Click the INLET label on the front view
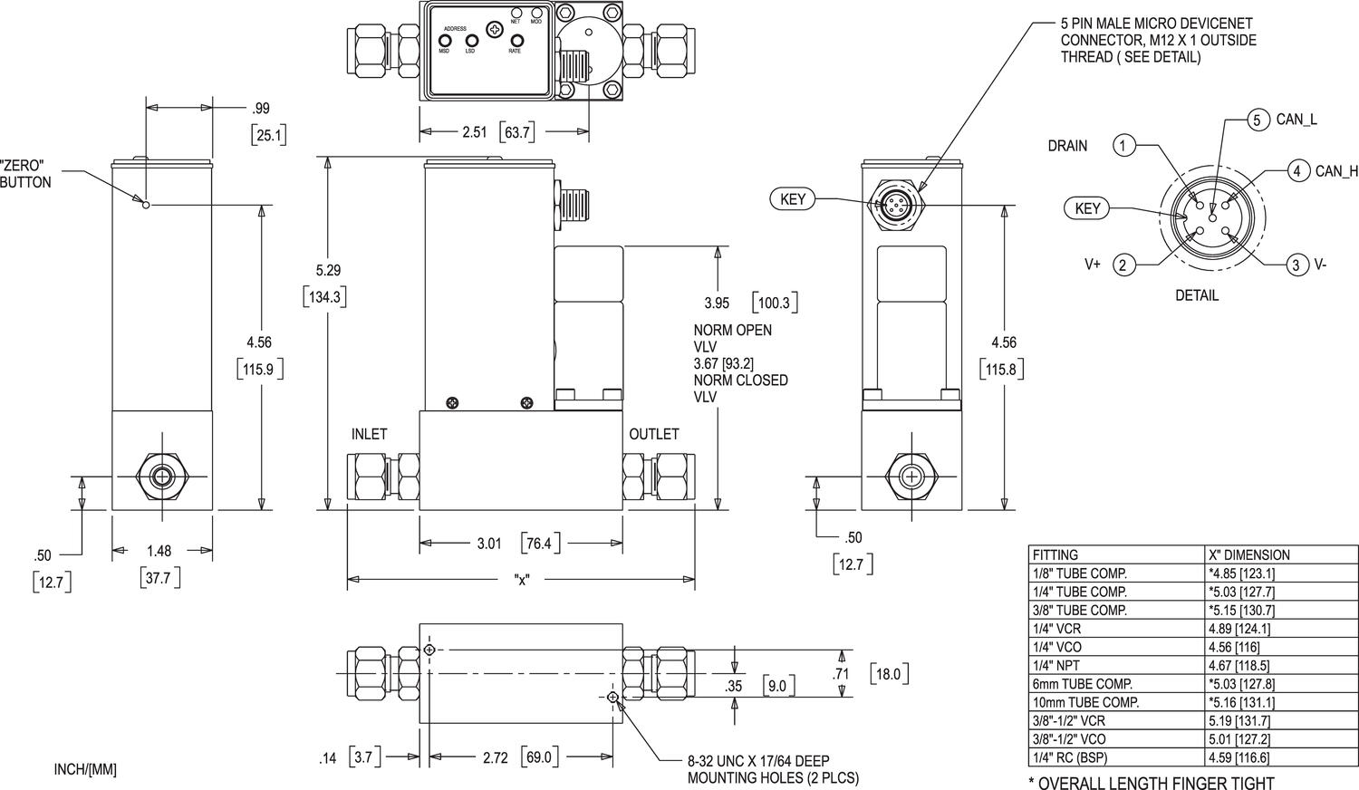pyautogui.click(x=369, y=434)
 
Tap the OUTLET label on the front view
pyautogui.click(x=654, y=434)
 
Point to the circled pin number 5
pyautogui.click(x=1256, y=120)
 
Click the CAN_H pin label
pyautogui.click(x=1336, y=170)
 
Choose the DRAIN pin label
pyautogui.click(x=1067, y=145)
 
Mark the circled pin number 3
pyautogui.click(x=1296, y=265)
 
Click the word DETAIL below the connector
pyautogui.click(x=1197, y=295)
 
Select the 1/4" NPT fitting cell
pyautogui.click(x=1055, y=665)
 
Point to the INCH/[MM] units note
pyautogui.click(x=85, y=770)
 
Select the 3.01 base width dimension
pyautogui.click(x=489, y=544)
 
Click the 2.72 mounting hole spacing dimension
pyautogui.click(x=496, y=756)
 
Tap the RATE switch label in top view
pyautogui.click(x=515, y=51)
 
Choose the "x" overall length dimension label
pyautogui.click(x=521, y=580)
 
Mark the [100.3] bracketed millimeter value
pyautogui.click(x=774, y=302)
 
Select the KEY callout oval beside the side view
pyautogui.click(x=792, y=199)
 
